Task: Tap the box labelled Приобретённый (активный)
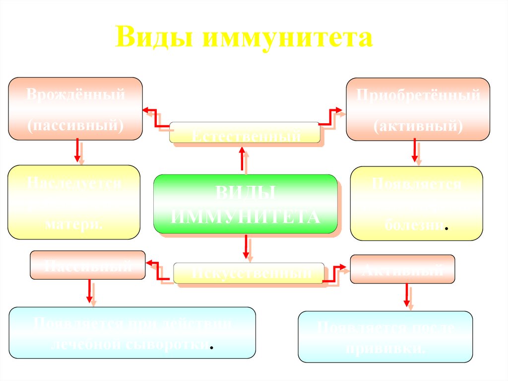click(418, 109)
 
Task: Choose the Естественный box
click(244, 133)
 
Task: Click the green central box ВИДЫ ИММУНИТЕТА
click(245, 204)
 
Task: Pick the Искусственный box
click(249, 273)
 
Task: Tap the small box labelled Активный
click(402, 269)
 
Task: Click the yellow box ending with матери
click(74, 202)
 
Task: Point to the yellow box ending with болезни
click(416, 203)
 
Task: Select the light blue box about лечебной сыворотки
click(132, 332)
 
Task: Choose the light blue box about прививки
click(385, 337)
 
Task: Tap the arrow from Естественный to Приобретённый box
click(330, 117)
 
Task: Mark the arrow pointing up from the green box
click(242, 159)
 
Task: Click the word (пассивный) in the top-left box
click(75, 124)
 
